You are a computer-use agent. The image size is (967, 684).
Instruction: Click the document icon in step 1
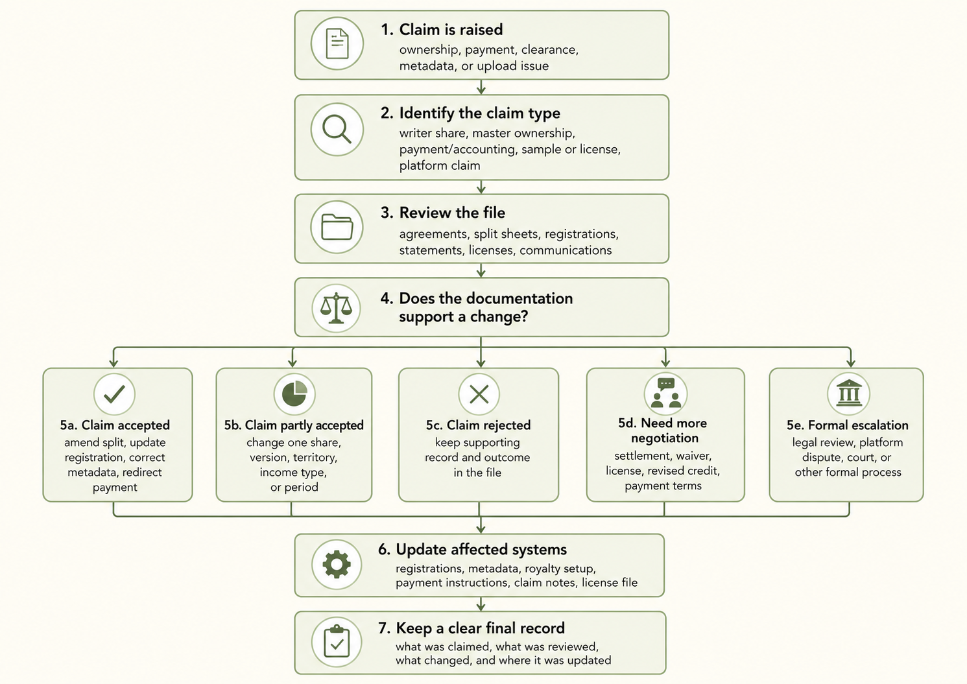click(x=337, y=43)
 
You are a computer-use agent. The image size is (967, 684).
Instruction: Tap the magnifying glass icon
click(x=337, y=129)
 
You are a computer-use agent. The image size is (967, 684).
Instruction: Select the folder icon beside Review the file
click(x=337, y=226)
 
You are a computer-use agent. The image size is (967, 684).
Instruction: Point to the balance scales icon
click(x=337, y=308)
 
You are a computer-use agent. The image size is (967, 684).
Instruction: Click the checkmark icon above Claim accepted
click(x=114, y=394)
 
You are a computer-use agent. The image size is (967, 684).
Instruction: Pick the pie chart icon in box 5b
click(x=294, y=394)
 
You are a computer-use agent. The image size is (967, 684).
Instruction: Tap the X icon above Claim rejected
click(x=479, y=394)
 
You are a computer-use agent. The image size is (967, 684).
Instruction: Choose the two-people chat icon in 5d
click(x=665, y=393)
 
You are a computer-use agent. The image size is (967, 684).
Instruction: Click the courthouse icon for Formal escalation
click(x=849, y=393)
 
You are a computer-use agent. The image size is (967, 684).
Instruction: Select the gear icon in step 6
click(x=337, y=565)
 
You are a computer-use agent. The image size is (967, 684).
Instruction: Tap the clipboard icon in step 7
click(x=337, y=642)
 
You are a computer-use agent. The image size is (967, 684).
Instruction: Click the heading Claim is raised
click(x=451, y=29)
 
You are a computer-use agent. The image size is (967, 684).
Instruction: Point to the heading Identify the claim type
click(x=480, y=113)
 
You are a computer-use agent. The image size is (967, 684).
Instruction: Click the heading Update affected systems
click(x=481, y=549)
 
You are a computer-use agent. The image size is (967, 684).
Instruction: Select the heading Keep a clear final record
click(x=481, y=628)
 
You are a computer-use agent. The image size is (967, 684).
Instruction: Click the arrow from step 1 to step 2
click(x=481, y=87)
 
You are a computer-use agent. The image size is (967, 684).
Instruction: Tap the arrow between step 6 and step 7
click(x=481, y=604)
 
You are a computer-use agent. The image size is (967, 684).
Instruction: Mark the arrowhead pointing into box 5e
click(x=850, y=362)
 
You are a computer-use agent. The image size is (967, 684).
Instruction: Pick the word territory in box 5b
click(x=315, y=458)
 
